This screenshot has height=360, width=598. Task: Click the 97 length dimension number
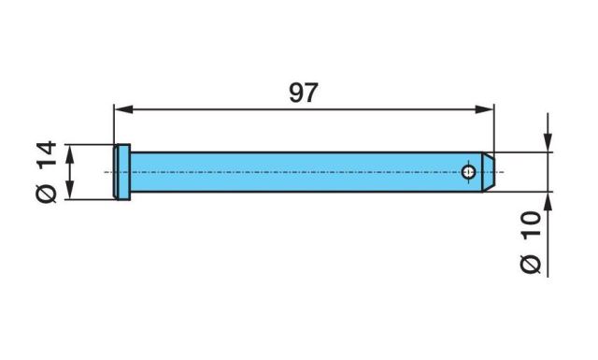click(303, 93)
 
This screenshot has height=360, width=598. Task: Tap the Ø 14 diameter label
click(46, 172)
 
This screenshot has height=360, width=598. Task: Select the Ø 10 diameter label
click(531, 242)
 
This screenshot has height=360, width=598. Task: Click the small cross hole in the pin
click(468, 172)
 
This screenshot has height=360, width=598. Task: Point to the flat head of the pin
click(122, 172)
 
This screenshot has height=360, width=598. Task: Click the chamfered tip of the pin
click(488, 172)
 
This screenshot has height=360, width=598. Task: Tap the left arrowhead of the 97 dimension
click(123, 109)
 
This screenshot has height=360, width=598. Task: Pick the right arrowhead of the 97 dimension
click(484, 109)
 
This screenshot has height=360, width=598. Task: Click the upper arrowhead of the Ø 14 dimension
click(70, 154)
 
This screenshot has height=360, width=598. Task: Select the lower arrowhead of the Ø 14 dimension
click(70, 190)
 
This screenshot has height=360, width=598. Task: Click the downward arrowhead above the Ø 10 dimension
click(548, 142)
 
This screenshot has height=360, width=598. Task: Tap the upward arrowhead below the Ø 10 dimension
click(548, 202)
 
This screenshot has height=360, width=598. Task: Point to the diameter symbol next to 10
click(531, 265)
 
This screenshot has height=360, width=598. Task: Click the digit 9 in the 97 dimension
click(296, 93)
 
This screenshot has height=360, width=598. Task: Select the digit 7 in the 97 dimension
click(311, 93)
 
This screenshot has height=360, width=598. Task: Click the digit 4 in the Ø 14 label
click(46, 148)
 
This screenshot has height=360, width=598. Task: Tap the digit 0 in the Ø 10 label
click(531, 218)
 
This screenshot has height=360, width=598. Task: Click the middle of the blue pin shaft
click(306, 172)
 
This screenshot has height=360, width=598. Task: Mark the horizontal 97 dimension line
click(304, 109)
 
